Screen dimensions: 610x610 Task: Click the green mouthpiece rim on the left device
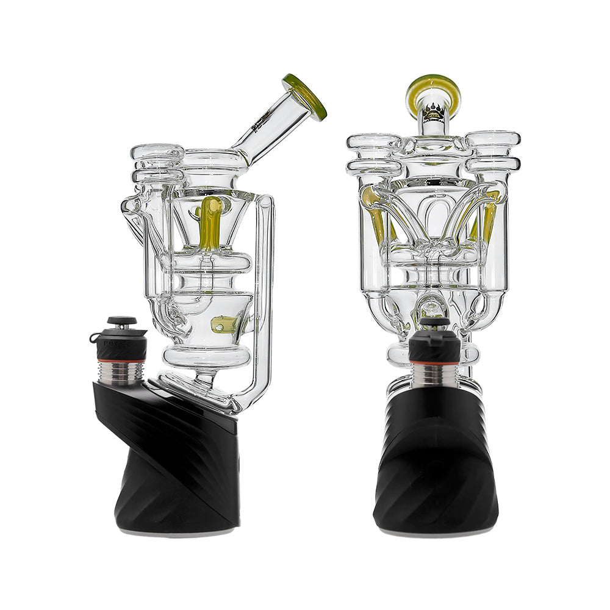[304, 97]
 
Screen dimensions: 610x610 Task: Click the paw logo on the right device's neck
[434, 113]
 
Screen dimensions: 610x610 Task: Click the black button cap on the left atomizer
[121, 320]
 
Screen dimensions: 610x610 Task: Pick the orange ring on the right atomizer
[434, 364]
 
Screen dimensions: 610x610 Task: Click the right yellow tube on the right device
[490, 217]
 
